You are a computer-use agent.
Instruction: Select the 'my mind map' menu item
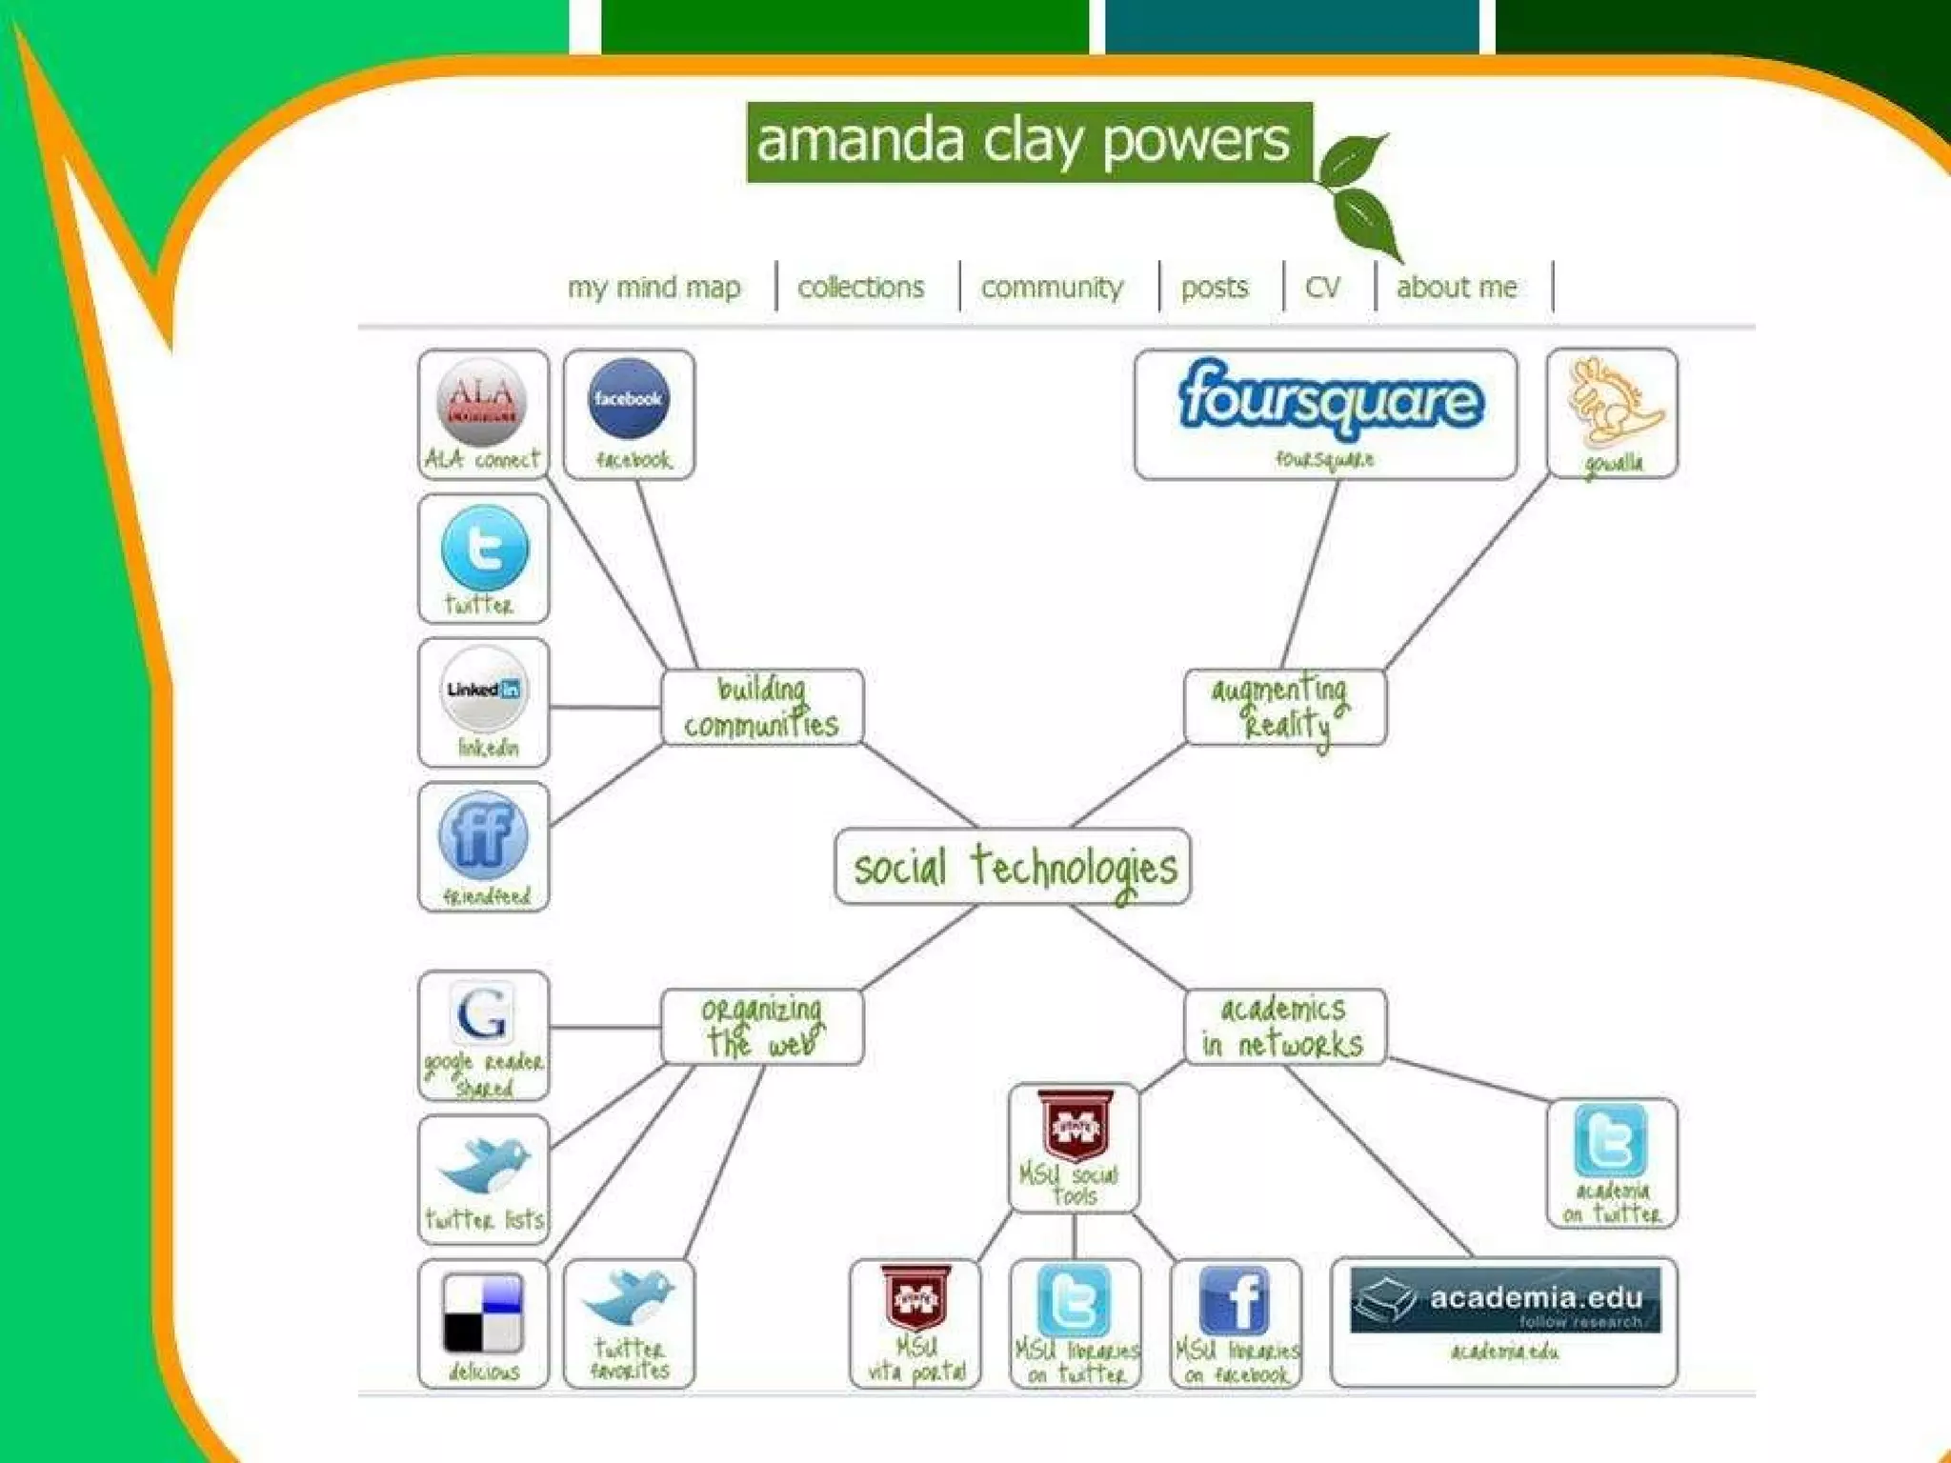click(654, 287)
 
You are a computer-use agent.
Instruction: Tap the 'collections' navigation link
click(860, 287)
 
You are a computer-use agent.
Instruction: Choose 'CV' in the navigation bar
click(1322, 287)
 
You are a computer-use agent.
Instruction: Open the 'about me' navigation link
click(1456, 287)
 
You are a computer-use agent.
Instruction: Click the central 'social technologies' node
click(1013, 867)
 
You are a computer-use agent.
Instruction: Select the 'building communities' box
click(762, 707)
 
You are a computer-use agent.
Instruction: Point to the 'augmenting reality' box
click(1283, 707)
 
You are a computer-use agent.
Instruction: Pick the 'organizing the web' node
click(762, 1027)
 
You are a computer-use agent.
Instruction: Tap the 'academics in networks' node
click(1283, 1027)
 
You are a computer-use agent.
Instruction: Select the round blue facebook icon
click(628, 399)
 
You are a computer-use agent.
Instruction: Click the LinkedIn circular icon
click(483, 689)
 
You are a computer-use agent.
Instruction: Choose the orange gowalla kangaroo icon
click(1612, 402)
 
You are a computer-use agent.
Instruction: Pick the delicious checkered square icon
click(483, 1313)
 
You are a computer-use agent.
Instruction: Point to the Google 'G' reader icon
click(482, 1012)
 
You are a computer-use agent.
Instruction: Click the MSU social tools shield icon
click(1074, 1127)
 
